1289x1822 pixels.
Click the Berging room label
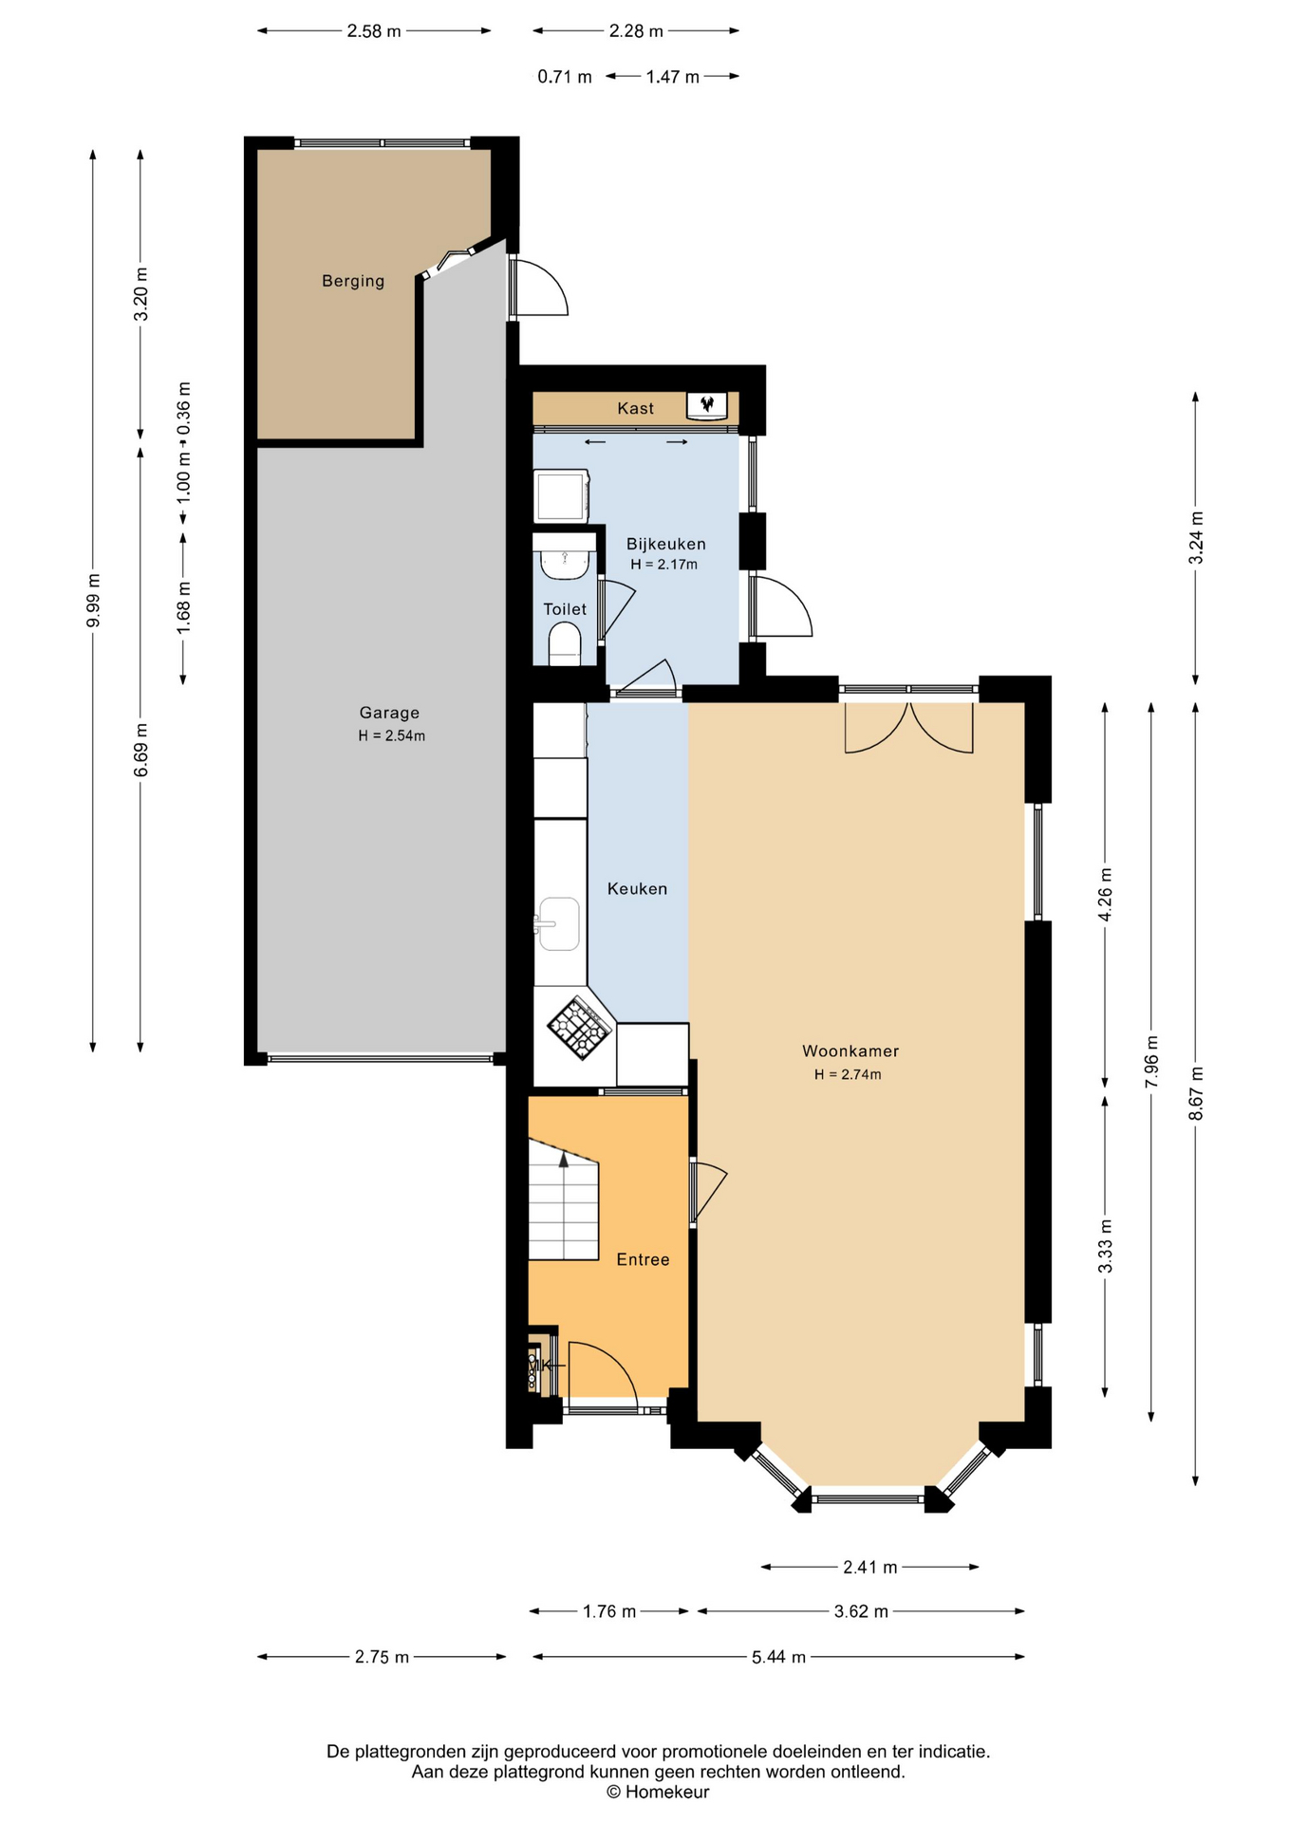coord(353,281)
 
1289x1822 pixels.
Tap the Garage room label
coord(389,713)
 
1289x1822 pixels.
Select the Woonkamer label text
coord(850,1050)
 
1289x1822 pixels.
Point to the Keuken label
coord(637,888)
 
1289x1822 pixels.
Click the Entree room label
coord(643,1259)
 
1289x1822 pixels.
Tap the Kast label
coord(635,408)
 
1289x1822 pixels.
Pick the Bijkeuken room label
coord(665,544)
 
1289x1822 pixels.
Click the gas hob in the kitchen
coord(579,1028)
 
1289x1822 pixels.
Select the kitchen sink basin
coord(559,923)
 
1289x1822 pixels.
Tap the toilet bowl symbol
coord(566,644)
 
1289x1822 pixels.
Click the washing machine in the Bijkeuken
coord(562,495)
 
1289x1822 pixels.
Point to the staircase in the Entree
coord(564,1199)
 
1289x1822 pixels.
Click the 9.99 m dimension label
coord(93,601)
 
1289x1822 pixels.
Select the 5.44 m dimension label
coord(778,1657)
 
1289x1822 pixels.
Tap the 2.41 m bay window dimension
coord(869,1567)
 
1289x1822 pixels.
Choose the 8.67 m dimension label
coord(1196,1093)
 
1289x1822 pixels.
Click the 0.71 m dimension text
coord(565,77)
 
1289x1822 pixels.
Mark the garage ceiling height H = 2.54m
coord(391,735)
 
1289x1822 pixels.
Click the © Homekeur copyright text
coord(658,1793)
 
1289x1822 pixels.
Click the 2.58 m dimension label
coord(374,31)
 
